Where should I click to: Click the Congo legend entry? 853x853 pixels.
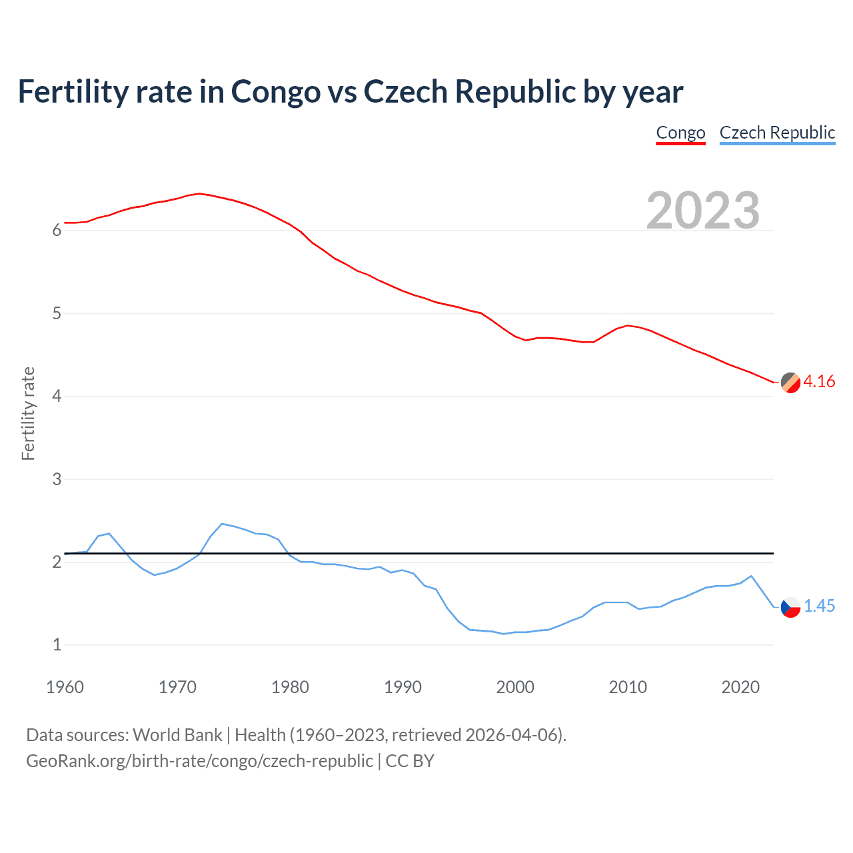pyautogui.click(x=680, y=133)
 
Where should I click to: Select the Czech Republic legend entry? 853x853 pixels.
pyautogui.click(x=777, y=133)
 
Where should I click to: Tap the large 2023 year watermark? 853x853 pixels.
pyautogui.click(x=703, y=211)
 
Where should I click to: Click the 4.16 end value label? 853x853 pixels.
pyautogui.click(x=819, y=381)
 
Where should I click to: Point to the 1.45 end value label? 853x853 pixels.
pyautogui.click(x=819, y=606)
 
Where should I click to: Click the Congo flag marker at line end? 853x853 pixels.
pyautogui.click(x=790, y=383)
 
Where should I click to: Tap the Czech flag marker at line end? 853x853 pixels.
pyautogui.click(x=790, y=607)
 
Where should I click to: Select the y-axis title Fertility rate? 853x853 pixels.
pyautogui.click(x=28, y=413)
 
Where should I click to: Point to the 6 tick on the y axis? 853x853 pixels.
pyautogui.click(x=57, y=231)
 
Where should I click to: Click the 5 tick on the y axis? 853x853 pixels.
pyautogui.click(x=57, y=313)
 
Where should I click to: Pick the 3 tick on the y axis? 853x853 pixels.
pyautogui.click(x=57, y=479)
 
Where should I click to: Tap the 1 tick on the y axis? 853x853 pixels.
pyautogui.click(x=57, y=645)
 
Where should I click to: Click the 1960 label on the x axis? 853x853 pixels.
pyautogui.click(x=65, y=687)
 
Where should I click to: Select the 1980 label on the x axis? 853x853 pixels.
pyautogui.click(x=290, y=687)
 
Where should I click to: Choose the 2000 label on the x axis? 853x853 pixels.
pyautogui.click(x=515, y=687)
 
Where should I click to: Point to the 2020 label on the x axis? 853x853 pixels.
pyautogui.click(x=740, y=687)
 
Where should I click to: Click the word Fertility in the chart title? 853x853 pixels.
pyautogui.click(x=72, y=91)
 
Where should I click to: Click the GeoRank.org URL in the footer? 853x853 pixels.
pyautogui.click(x=199, y=761)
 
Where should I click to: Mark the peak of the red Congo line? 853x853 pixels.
pyautogui.click(x=199, y=193)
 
